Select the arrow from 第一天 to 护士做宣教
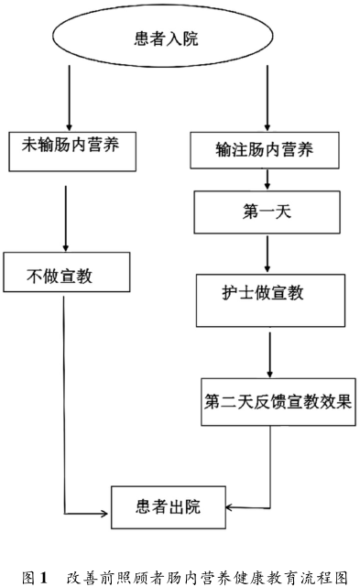tap(267, 254)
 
